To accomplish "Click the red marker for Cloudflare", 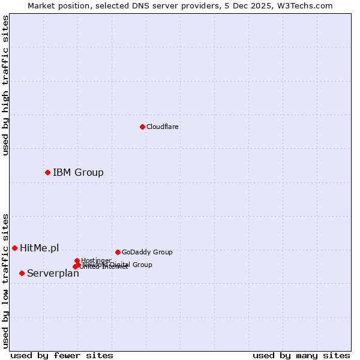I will pos(142,127).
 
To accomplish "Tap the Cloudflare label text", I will pos(162,127).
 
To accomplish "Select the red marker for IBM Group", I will pos(47,173).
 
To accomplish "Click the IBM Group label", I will pos(78,173).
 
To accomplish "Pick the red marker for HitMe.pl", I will pos(14,248).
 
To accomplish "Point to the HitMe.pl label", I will pos(39,248).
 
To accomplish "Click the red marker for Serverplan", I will pos(22,273).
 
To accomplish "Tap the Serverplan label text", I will pos(53,274).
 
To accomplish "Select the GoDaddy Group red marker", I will pos(118,252).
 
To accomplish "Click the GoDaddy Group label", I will pos(147,252).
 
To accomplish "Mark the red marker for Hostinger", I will pos(77,260).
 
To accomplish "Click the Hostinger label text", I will pos(96,260).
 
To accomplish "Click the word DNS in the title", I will pos(142,5).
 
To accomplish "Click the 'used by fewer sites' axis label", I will pos(62,356).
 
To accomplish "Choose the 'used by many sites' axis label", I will pos(301,356).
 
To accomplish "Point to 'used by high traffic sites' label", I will pos(5,85).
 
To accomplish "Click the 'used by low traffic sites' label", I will pos(5,280).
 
